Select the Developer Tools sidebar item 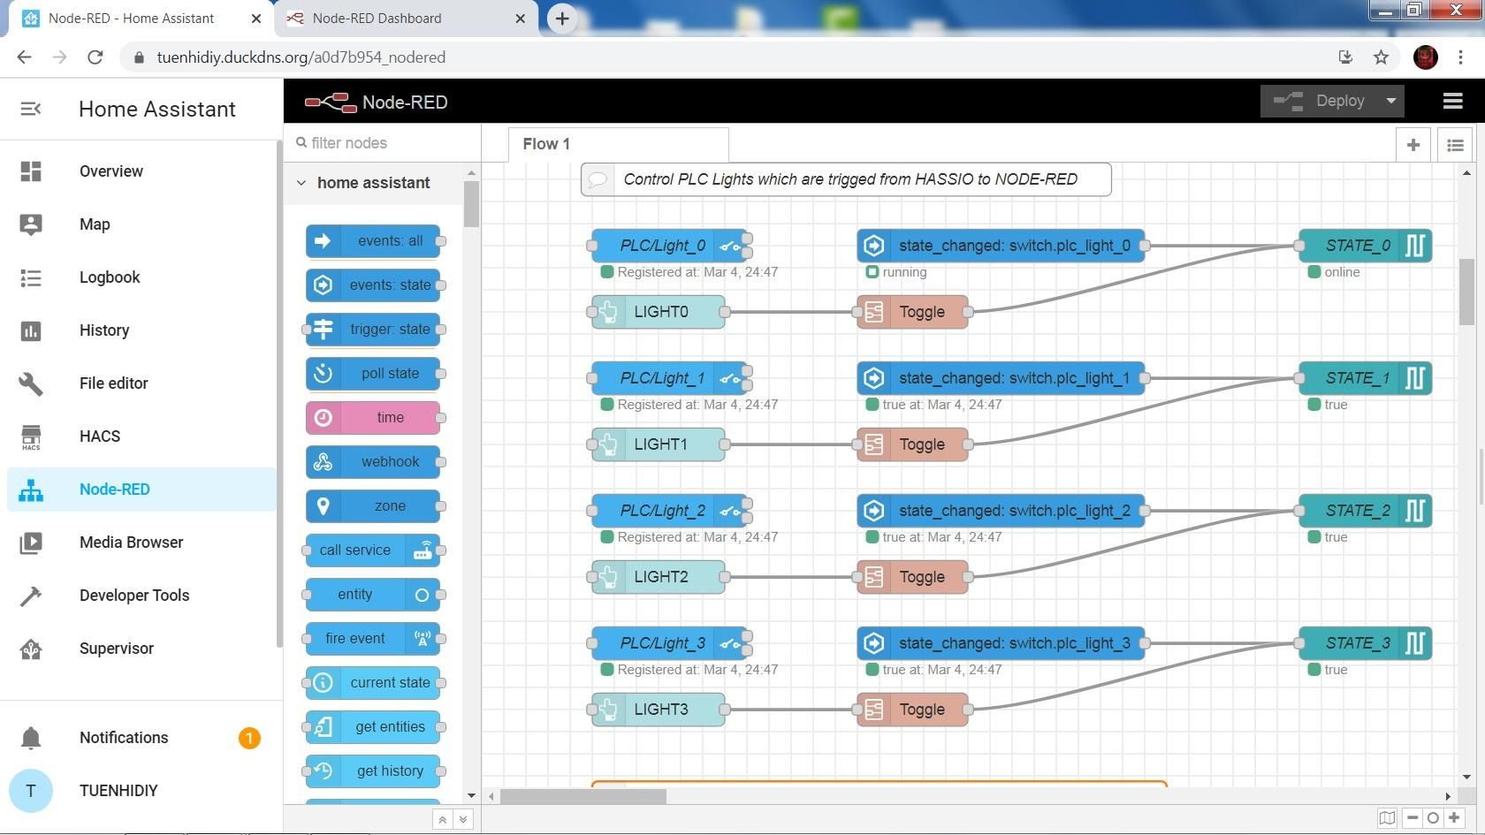pyautogui.click(x=133, y=596)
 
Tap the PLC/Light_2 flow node pyautogui.click(x=662, y=511)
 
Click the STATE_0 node pyautogui.click(x=1357, y=246)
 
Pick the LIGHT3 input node pyautogui.click(x=659, y=710)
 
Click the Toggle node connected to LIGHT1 pyautogui.click(x=912, y=444)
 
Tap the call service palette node pyautogui.click(x=355, y=550)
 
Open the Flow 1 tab pyautogui.click(x=546, y=144)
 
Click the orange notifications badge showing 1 pyautogui.click(x=249, y=738)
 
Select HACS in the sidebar pyautogui.click(x=99, y=436)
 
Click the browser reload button pyautogui.click(x=95, y=57)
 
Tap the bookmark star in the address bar pyautogui.click(x=1381, y=57)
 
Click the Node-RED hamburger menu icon pyautogui.click(x=1452, y=102)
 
